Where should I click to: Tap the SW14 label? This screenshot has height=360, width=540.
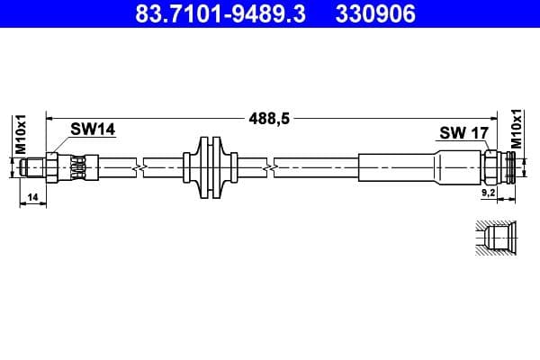click(94, 130)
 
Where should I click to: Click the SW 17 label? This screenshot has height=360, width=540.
click(463, 133)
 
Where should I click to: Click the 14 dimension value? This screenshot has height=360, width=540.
click(32, 196)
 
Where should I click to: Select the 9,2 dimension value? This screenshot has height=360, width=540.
click(489, 192)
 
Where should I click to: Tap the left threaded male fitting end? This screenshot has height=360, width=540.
click(35, 166)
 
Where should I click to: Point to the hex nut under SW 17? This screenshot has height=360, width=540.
click(490, 166)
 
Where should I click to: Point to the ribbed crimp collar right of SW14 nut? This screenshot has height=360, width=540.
click(79, 166)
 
